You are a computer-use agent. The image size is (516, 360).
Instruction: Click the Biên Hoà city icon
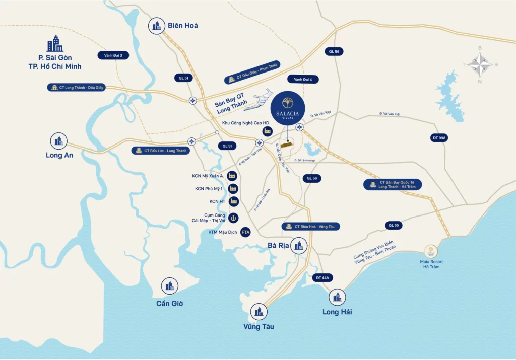coord(157,26)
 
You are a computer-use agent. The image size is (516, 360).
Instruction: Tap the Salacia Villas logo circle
coord(287,108)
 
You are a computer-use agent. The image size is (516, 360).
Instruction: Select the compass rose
coord(480,65)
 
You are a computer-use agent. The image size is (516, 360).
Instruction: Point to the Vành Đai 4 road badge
coord(303,79)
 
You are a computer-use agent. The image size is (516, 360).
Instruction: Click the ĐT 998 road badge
coord(436,138)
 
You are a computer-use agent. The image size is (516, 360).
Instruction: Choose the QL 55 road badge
coord(394,225)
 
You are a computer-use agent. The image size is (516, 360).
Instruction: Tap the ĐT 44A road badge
coord(322,277)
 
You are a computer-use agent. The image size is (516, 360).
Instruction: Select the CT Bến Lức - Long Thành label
coord(161,151)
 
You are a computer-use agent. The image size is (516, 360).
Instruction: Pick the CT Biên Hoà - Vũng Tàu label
coord(310,227)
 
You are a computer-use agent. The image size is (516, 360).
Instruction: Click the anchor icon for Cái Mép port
coord(234,218)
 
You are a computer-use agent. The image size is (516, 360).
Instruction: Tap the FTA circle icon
coord(246,232)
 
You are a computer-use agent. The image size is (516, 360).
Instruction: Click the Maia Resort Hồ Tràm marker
coord(431,251)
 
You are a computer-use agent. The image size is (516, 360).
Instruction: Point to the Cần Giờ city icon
coord(169,286)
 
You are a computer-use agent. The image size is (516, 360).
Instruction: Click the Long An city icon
coord(59,140)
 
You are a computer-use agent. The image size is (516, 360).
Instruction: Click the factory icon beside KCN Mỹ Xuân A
coord(232,176)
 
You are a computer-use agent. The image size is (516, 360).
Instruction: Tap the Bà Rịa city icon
coord(299,246)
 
